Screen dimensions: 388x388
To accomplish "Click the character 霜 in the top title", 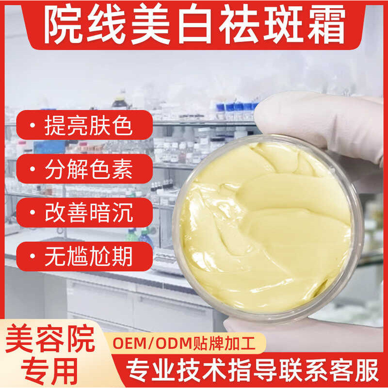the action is tap(326, 25).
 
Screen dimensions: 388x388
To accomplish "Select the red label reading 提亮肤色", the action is tap(84, 125).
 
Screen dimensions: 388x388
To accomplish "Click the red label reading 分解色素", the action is tap(84, 169).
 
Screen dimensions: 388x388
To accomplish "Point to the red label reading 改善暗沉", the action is tap(84, 212).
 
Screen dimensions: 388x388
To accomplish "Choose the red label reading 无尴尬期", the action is tap(84, 257).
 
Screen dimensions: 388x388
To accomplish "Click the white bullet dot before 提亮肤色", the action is tap(32, 125).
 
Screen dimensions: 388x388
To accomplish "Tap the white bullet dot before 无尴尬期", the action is tap(32, 256).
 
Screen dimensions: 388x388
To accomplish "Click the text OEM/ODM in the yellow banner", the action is tap(152, 343).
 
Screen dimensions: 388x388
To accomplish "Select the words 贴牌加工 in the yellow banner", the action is tap(224, 343).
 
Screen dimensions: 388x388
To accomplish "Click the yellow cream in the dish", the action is tap(266, 226).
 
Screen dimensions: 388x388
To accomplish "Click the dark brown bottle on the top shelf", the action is tap(119, 102).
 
